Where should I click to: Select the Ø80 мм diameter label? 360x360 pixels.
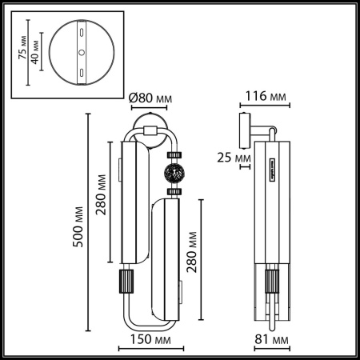coord(151,100)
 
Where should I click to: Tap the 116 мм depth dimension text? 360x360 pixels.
coord(266,97)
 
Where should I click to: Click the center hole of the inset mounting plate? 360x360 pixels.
coord(80,52)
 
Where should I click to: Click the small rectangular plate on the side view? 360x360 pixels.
coord(272,166)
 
